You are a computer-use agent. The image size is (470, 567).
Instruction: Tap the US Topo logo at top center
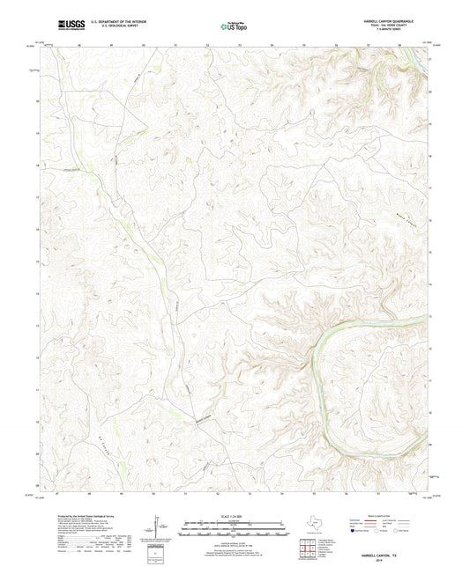(234, 26)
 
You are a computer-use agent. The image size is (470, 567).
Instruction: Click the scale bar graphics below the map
(235, 530)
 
